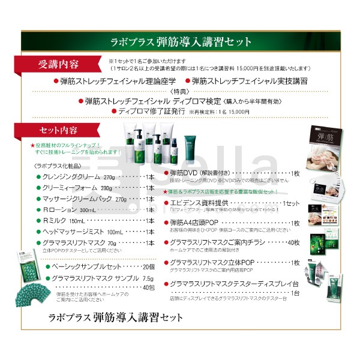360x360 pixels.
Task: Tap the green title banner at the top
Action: [181, 41]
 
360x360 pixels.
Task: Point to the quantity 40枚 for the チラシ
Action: [292, 242]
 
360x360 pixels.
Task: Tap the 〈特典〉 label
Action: [180, 91]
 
